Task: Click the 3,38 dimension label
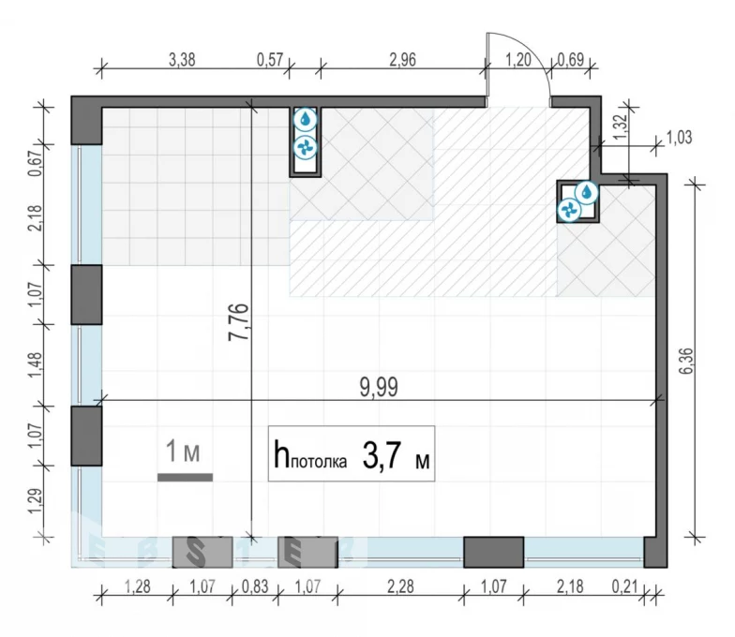point(182,60)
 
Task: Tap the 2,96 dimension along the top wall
point(403,60)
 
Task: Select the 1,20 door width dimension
point(518,60)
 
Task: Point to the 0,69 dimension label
point(570,60)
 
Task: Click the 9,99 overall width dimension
point(379,388)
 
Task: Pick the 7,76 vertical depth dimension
point(238,322)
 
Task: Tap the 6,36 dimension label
point(685,361)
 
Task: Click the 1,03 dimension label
point(679,138)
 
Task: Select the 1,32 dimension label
point(620,126)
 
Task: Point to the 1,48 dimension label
point(36,364)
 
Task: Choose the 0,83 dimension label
point(255,586)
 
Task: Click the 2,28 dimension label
point(401,586)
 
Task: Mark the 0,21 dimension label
point(624,586)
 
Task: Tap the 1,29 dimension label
point(36,500)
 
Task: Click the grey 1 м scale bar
point(186,478)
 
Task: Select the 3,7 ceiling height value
point(382,455)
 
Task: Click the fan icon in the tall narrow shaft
point(306,148)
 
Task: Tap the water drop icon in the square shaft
point(587,192)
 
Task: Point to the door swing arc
point(530,51)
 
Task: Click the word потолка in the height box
point(319,462)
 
